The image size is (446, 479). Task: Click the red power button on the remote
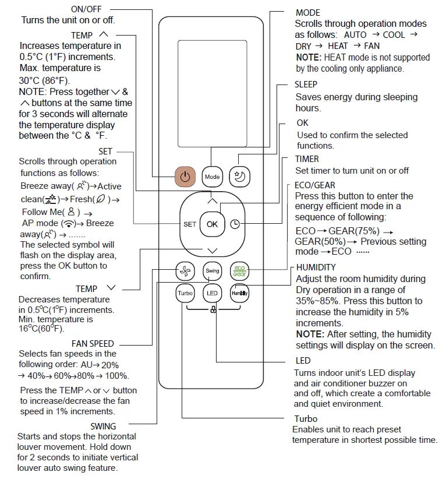point(185,176)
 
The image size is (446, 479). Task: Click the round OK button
point(212,224)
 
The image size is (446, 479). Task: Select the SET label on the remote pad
point(190,224)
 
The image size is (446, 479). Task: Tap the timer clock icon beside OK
point(235,224)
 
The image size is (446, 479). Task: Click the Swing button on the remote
point(212,271)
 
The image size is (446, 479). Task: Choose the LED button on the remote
point(212,294)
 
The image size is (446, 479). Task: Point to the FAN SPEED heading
point(93,343)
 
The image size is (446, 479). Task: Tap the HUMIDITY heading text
point(316,267)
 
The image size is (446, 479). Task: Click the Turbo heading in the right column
point(306,419)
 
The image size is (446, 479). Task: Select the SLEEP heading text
point(306,84)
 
